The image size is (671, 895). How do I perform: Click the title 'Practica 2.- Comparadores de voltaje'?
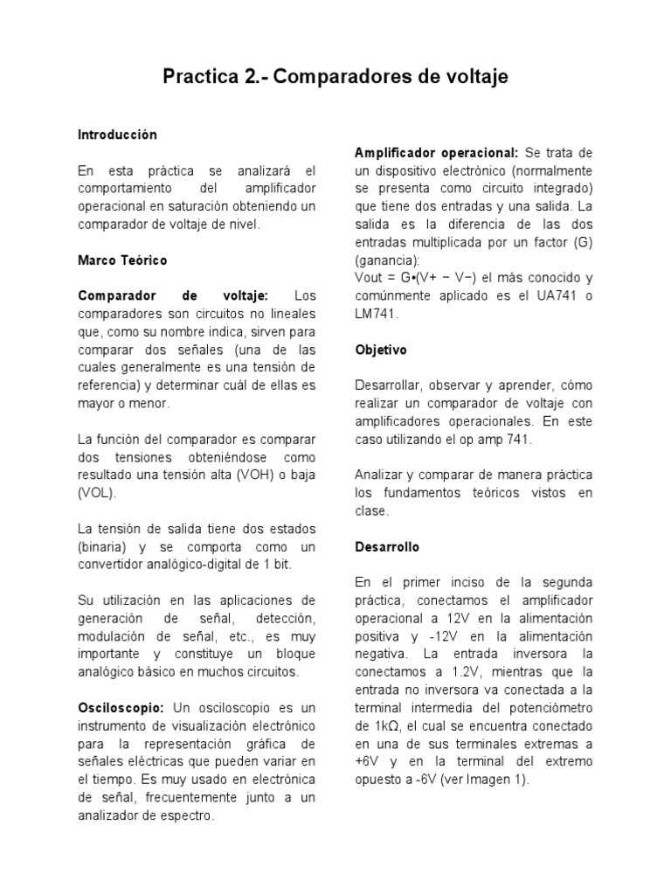[335, 78]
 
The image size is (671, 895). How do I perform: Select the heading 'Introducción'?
[117, 135]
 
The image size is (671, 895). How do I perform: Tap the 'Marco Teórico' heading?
[122, 260]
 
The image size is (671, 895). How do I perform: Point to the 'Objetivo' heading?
[381, 350]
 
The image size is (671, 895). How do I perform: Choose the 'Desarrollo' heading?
[387, 547]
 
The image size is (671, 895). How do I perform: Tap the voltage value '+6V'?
[370, 761]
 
